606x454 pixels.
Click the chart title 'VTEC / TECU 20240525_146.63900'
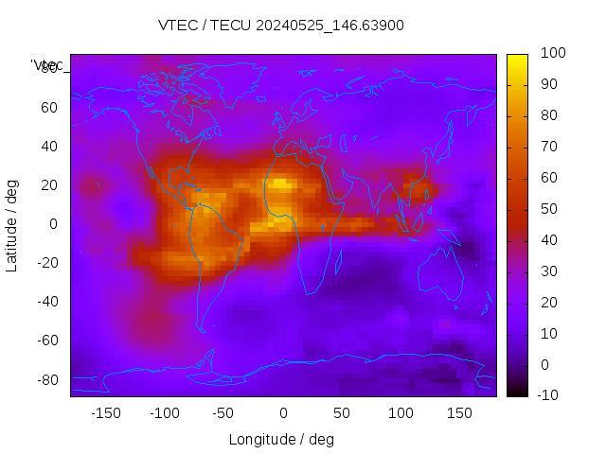tap(281, 26)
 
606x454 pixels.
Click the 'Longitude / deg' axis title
tap(281, 439)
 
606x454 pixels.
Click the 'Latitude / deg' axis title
tap(12, 224)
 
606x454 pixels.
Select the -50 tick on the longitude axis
tap(223, 412)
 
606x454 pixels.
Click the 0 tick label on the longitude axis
tap(282, 412)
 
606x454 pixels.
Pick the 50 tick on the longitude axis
tap(342, 412)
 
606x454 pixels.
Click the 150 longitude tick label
tap(460, 412)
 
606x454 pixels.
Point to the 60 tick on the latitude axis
tap(49, 107)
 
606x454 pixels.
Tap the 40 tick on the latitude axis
tap(49, 146)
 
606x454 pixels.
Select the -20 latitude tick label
tap(46, 263)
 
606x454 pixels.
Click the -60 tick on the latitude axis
tap(46, 340)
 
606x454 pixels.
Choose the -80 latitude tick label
tap(46, 379)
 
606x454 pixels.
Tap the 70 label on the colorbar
tap(548, 147)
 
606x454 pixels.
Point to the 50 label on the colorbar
tap(548, 209)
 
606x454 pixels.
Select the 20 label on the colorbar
tap(548, 302)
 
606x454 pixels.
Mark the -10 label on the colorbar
tap(549, 395)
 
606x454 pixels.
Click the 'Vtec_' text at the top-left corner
tap(47, 65)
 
